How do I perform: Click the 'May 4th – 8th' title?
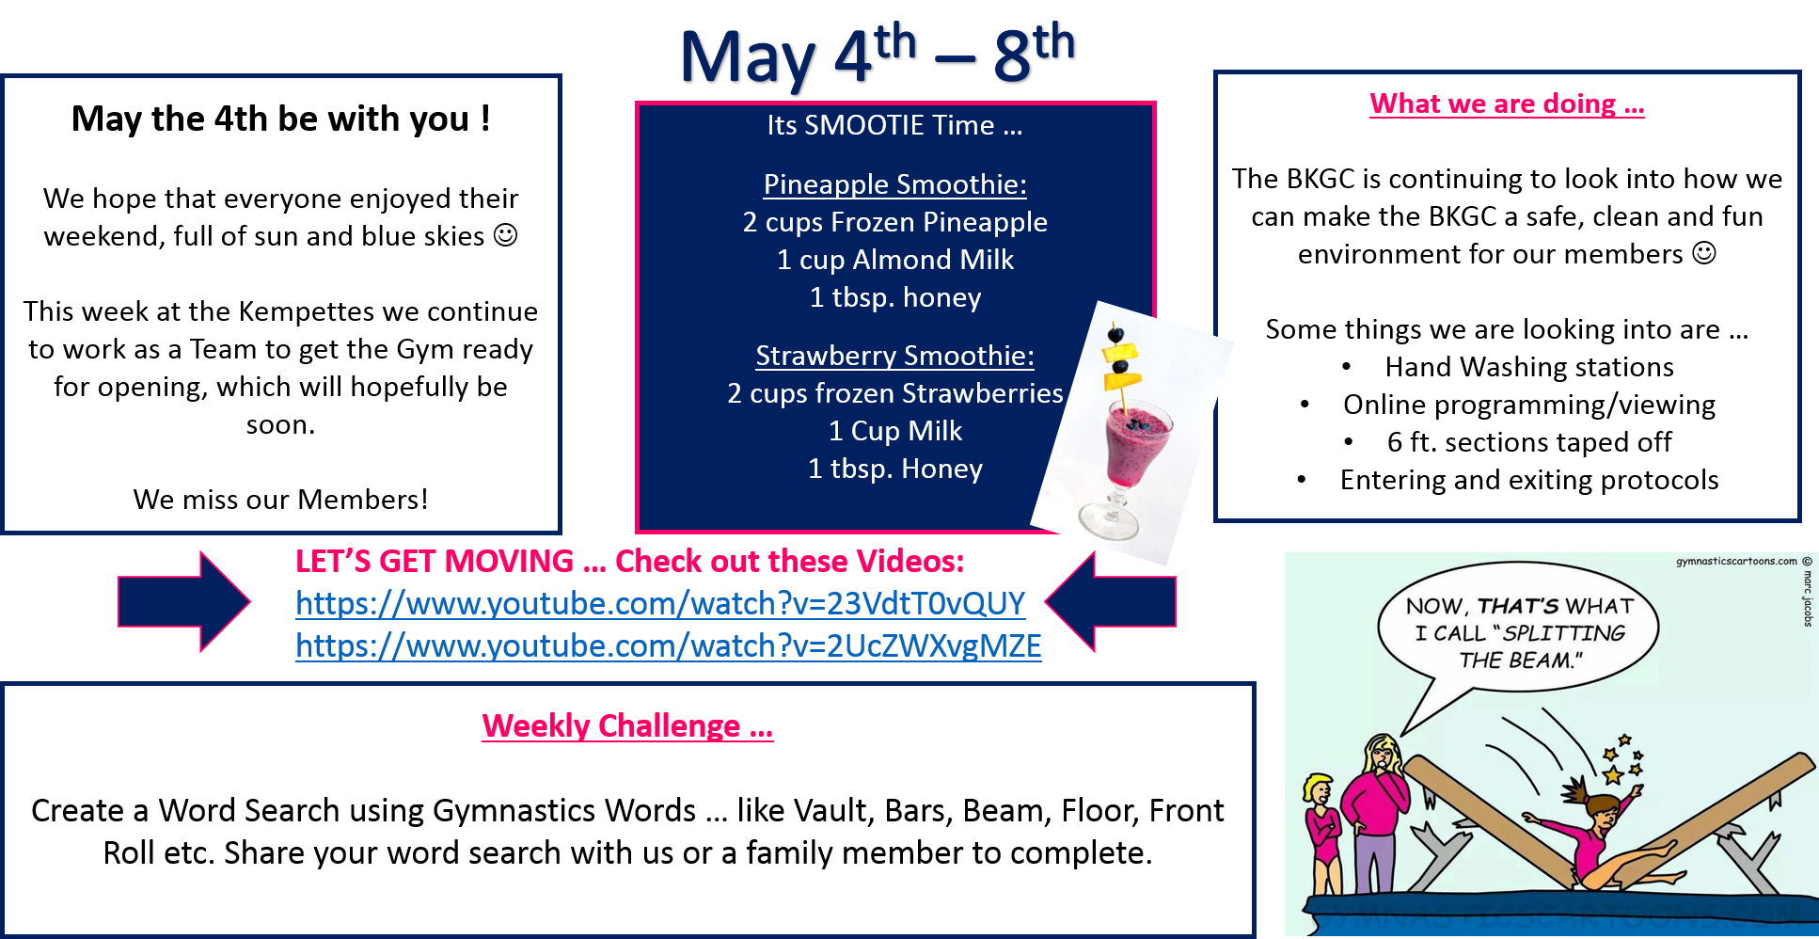coord(877,54)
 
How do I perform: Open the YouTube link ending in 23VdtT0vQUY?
coord(660,603)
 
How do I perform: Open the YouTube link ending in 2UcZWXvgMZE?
coord(669,645)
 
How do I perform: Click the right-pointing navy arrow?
coord(183,601)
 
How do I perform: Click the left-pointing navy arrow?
coord(1111,601)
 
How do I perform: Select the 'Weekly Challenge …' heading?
coord(627,725)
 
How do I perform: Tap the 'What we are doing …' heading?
coord(1507,103)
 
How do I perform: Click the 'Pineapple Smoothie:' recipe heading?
coord(895,184)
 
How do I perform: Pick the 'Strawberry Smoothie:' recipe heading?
coord(895,356)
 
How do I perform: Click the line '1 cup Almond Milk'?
coord(895,260)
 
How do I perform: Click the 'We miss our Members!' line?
coord(280,500)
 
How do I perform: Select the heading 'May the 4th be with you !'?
coord(280,119)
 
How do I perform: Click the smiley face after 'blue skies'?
coord(506,235)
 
